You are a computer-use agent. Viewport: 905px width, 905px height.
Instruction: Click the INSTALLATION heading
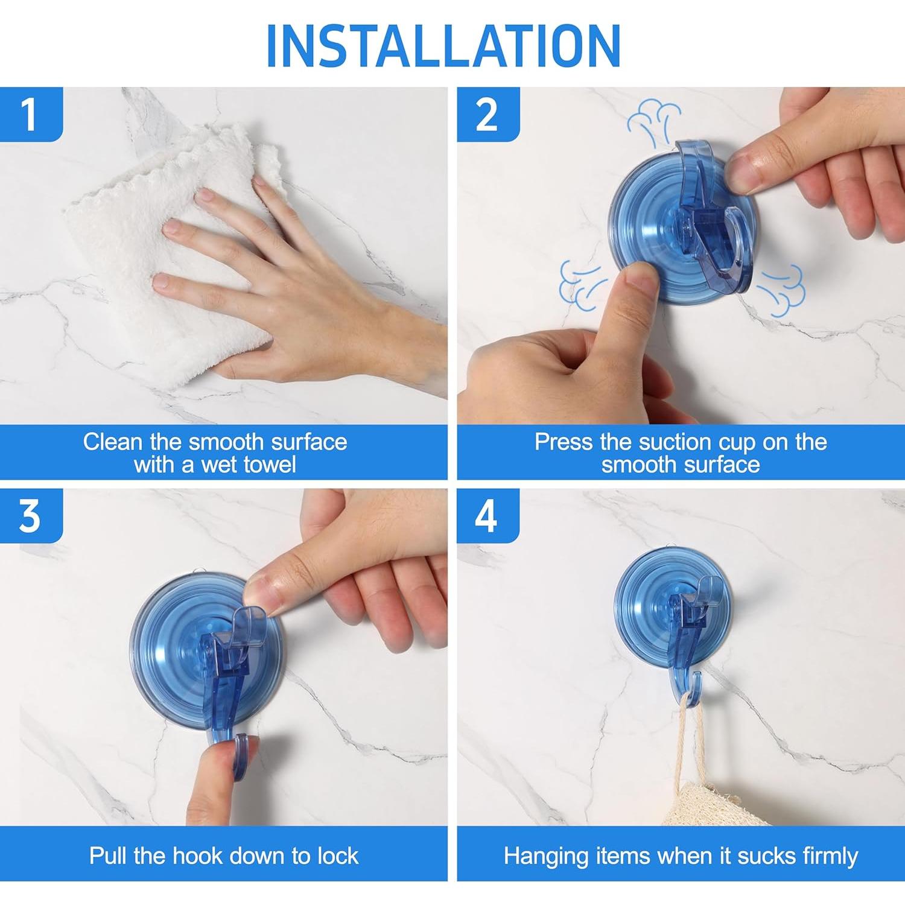[x=443, y=46]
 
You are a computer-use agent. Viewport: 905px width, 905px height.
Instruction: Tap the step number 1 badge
[x=31, y=114]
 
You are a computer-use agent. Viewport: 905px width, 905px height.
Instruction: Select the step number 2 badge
[x=488, y=114]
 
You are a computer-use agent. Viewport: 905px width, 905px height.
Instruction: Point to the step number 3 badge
[x=31, y=516]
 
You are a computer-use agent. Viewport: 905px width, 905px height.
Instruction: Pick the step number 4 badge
[x=488, y=516]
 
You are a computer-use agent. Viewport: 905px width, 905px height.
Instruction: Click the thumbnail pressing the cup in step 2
[x=640, y=279]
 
